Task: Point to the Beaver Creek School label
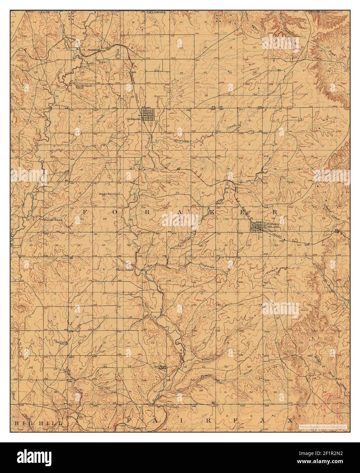[x=83, y=87]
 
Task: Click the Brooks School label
[x=108, y=194]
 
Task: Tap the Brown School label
[x=125, y=270]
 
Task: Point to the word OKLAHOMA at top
[x=156, y=12]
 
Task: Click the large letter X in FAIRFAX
[x=289, y=421]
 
